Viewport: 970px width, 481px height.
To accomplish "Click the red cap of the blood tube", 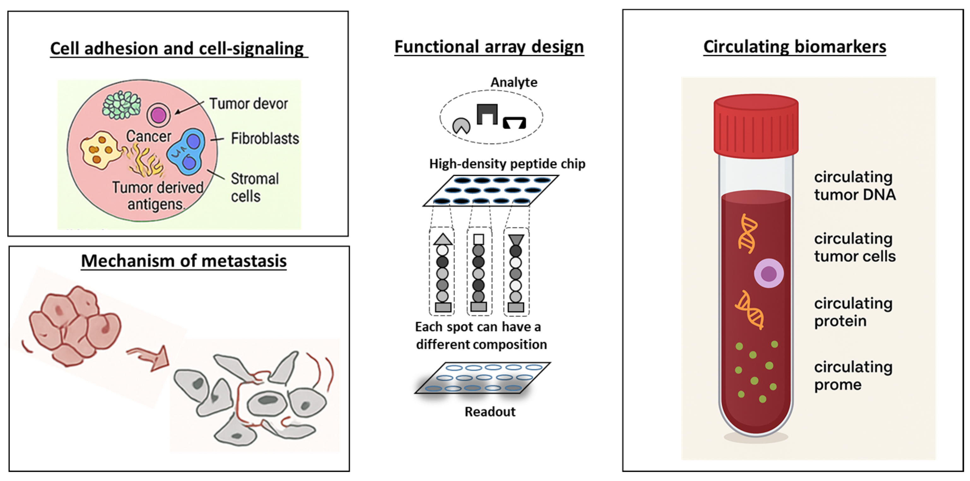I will pos(756,126).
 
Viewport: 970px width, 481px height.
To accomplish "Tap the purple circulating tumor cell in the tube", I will pos(768,274).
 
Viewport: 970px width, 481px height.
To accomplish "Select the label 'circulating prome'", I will pos(853,376).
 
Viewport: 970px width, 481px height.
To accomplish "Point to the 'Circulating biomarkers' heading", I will pos(795,47).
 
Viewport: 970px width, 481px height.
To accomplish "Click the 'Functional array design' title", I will pos(489,47).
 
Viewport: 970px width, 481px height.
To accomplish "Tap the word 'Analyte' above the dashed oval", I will pos(514,82).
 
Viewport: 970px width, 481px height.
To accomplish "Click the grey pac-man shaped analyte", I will pos(461,126).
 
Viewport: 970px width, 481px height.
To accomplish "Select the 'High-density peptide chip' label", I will pos(507,164).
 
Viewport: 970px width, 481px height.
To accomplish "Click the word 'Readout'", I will pos(490,411).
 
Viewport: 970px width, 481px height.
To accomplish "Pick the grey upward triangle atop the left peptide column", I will pos(443,239).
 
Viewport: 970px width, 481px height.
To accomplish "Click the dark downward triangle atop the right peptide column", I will pos(515,240).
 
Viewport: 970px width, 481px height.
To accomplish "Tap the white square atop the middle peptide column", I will pos(479,239).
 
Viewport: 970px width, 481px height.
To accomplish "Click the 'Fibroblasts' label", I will pos(265,138).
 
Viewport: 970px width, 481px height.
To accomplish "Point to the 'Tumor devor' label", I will pos(248,103).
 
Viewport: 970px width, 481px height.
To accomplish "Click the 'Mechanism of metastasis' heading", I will pos(184,261).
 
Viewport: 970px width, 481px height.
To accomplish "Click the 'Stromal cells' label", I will pos(254,187).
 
